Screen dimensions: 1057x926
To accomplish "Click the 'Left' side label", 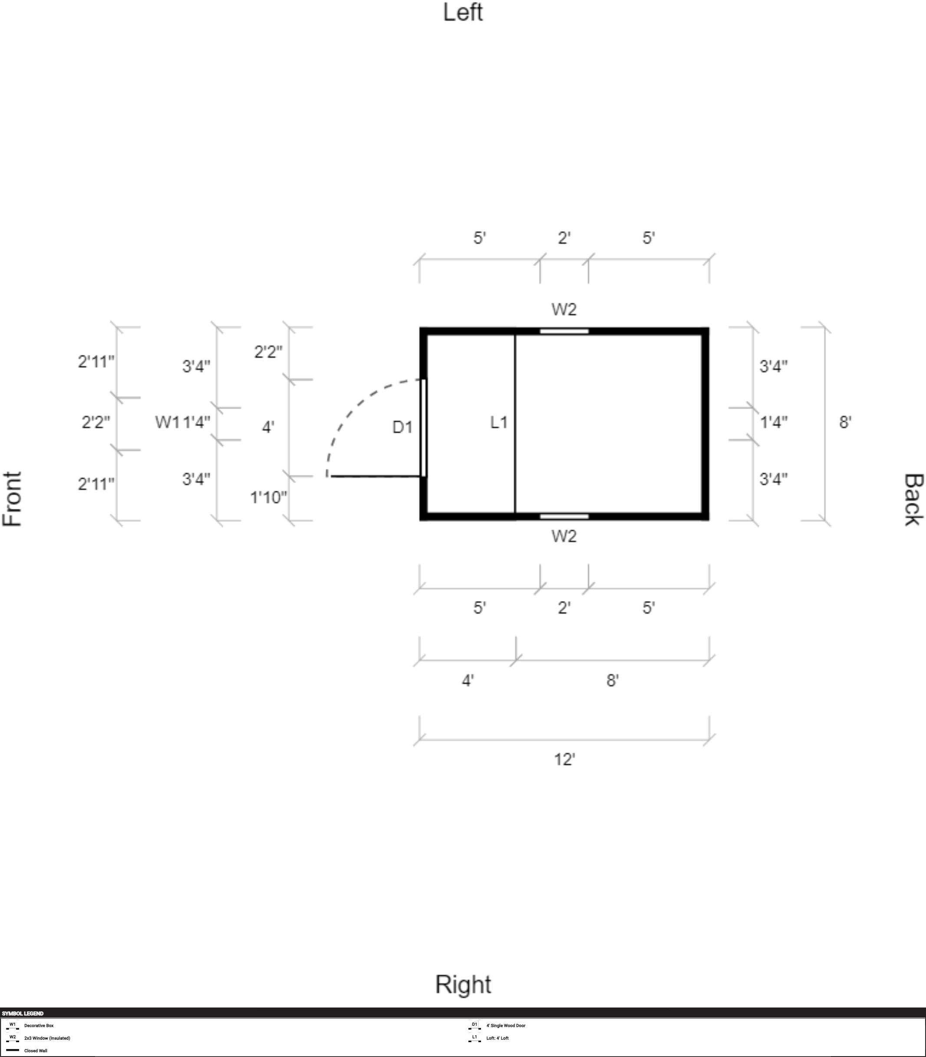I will [462, 13].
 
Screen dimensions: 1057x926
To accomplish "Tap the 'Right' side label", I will [462, 984].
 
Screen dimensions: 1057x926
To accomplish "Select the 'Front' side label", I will [13, 499].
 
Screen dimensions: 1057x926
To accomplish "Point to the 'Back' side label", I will [913, 499].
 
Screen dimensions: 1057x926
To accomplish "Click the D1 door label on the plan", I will [402, 427].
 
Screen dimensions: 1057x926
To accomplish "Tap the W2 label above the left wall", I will [564, 309].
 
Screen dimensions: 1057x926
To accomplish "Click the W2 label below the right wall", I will [564, 536].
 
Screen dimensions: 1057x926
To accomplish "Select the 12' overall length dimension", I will [564, 759].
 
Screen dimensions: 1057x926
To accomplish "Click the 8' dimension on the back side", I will [845, 422].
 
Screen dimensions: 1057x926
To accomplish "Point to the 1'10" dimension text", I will [268, 497].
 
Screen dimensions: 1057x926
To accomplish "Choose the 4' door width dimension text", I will [268, 427].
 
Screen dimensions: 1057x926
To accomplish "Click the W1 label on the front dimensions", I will [168, 422].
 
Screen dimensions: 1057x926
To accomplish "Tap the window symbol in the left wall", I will [564, 331].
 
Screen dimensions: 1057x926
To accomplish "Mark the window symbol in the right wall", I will [564, 516].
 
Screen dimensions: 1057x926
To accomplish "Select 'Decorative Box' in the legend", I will [39, 1025].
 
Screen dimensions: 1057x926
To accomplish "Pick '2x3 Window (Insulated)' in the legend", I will [47, 1038].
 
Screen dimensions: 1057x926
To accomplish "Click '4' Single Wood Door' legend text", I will [505, 1025].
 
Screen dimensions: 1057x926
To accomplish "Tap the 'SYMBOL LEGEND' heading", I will [23, 1014].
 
